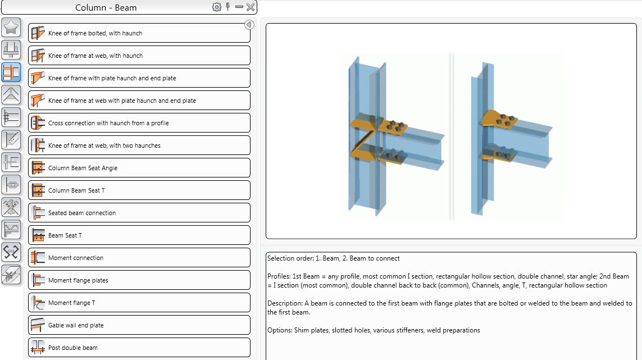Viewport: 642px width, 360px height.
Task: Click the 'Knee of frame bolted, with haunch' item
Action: click(x=139, y=33)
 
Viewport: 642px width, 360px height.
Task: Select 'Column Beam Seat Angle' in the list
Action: click(x=139, y=168)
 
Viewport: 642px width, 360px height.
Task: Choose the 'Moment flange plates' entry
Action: click(x=139, y=280)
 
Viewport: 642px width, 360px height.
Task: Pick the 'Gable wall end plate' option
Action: click(x=139, y=325)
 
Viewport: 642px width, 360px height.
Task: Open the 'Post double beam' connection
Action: click(x=139, y=348)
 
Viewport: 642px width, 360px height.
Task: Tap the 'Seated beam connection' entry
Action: click(x=139, y=213)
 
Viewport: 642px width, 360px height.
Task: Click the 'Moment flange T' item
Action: click(x=139, y=303)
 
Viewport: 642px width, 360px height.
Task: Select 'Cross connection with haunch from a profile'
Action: click(x=139, y=123)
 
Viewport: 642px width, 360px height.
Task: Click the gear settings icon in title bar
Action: click(x=217, y=7)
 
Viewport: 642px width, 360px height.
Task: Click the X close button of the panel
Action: click(x=251, y=7)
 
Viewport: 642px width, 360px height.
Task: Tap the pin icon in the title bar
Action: click(x=228, y=7)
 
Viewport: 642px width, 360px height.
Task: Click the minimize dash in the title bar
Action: click(x=239, y=7)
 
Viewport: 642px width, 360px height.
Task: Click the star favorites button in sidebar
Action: click(x=11, y=28)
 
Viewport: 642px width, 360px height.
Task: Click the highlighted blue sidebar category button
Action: click(x=11, y=72)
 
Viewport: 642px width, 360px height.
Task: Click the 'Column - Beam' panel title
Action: click(x=106, y=8)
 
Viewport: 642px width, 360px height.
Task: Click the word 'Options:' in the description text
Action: click(x=280, y=330)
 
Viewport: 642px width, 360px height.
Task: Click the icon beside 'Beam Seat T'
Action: click(x=38, y=235)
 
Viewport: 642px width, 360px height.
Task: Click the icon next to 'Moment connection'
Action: click(x=38, y=258)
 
